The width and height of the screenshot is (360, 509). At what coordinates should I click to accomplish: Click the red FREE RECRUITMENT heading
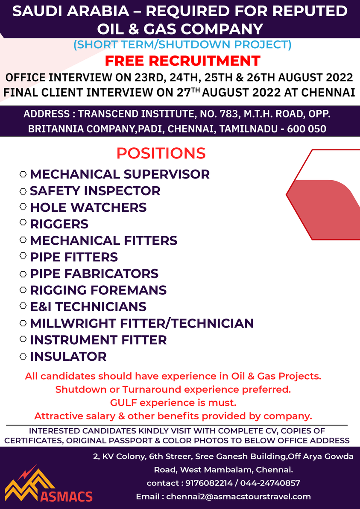(x=182, y=61)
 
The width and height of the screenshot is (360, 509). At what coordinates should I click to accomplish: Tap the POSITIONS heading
(x=161, y=153)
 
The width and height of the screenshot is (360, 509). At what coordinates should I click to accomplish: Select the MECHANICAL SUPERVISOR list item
(x=120, y=174)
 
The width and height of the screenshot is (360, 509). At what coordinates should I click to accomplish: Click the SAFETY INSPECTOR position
(x=95, y=191)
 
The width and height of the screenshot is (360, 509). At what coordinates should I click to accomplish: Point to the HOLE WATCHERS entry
(x=88, y=208)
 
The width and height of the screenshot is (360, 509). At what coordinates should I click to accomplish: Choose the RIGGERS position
(x=59, y=224)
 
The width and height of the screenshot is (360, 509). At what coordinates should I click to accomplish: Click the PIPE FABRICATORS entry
(x=94, y=274)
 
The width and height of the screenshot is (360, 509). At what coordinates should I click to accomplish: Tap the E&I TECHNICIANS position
(x=88, y=307)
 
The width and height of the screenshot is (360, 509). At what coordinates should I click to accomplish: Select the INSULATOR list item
(x=68, y=357)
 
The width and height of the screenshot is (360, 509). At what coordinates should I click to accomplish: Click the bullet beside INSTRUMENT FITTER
(x=23, y=339)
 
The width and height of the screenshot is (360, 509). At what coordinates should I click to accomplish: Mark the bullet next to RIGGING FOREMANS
(x=23, y=290)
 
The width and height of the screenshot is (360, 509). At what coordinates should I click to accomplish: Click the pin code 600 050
(x=307, y=129)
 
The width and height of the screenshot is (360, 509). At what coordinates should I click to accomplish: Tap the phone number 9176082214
(x=209, y=483)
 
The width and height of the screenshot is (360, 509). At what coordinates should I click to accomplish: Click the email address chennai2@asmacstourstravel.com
(x=239, y=497)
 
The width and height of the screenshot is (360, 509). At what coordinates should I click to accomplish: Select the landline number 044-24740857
(x=270, y=483)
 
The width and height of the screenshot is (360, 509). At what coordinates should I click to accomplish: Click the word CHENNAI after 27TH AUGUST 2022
(x=328, y=93)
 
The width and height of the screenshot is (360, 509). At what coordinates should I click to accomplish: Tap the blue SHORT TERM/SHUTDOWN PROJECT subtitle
(x=182, y=44)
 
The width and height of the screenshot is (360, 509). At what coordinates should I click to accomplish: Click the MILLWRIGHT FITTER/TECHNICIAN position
(x=142, y=323)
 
